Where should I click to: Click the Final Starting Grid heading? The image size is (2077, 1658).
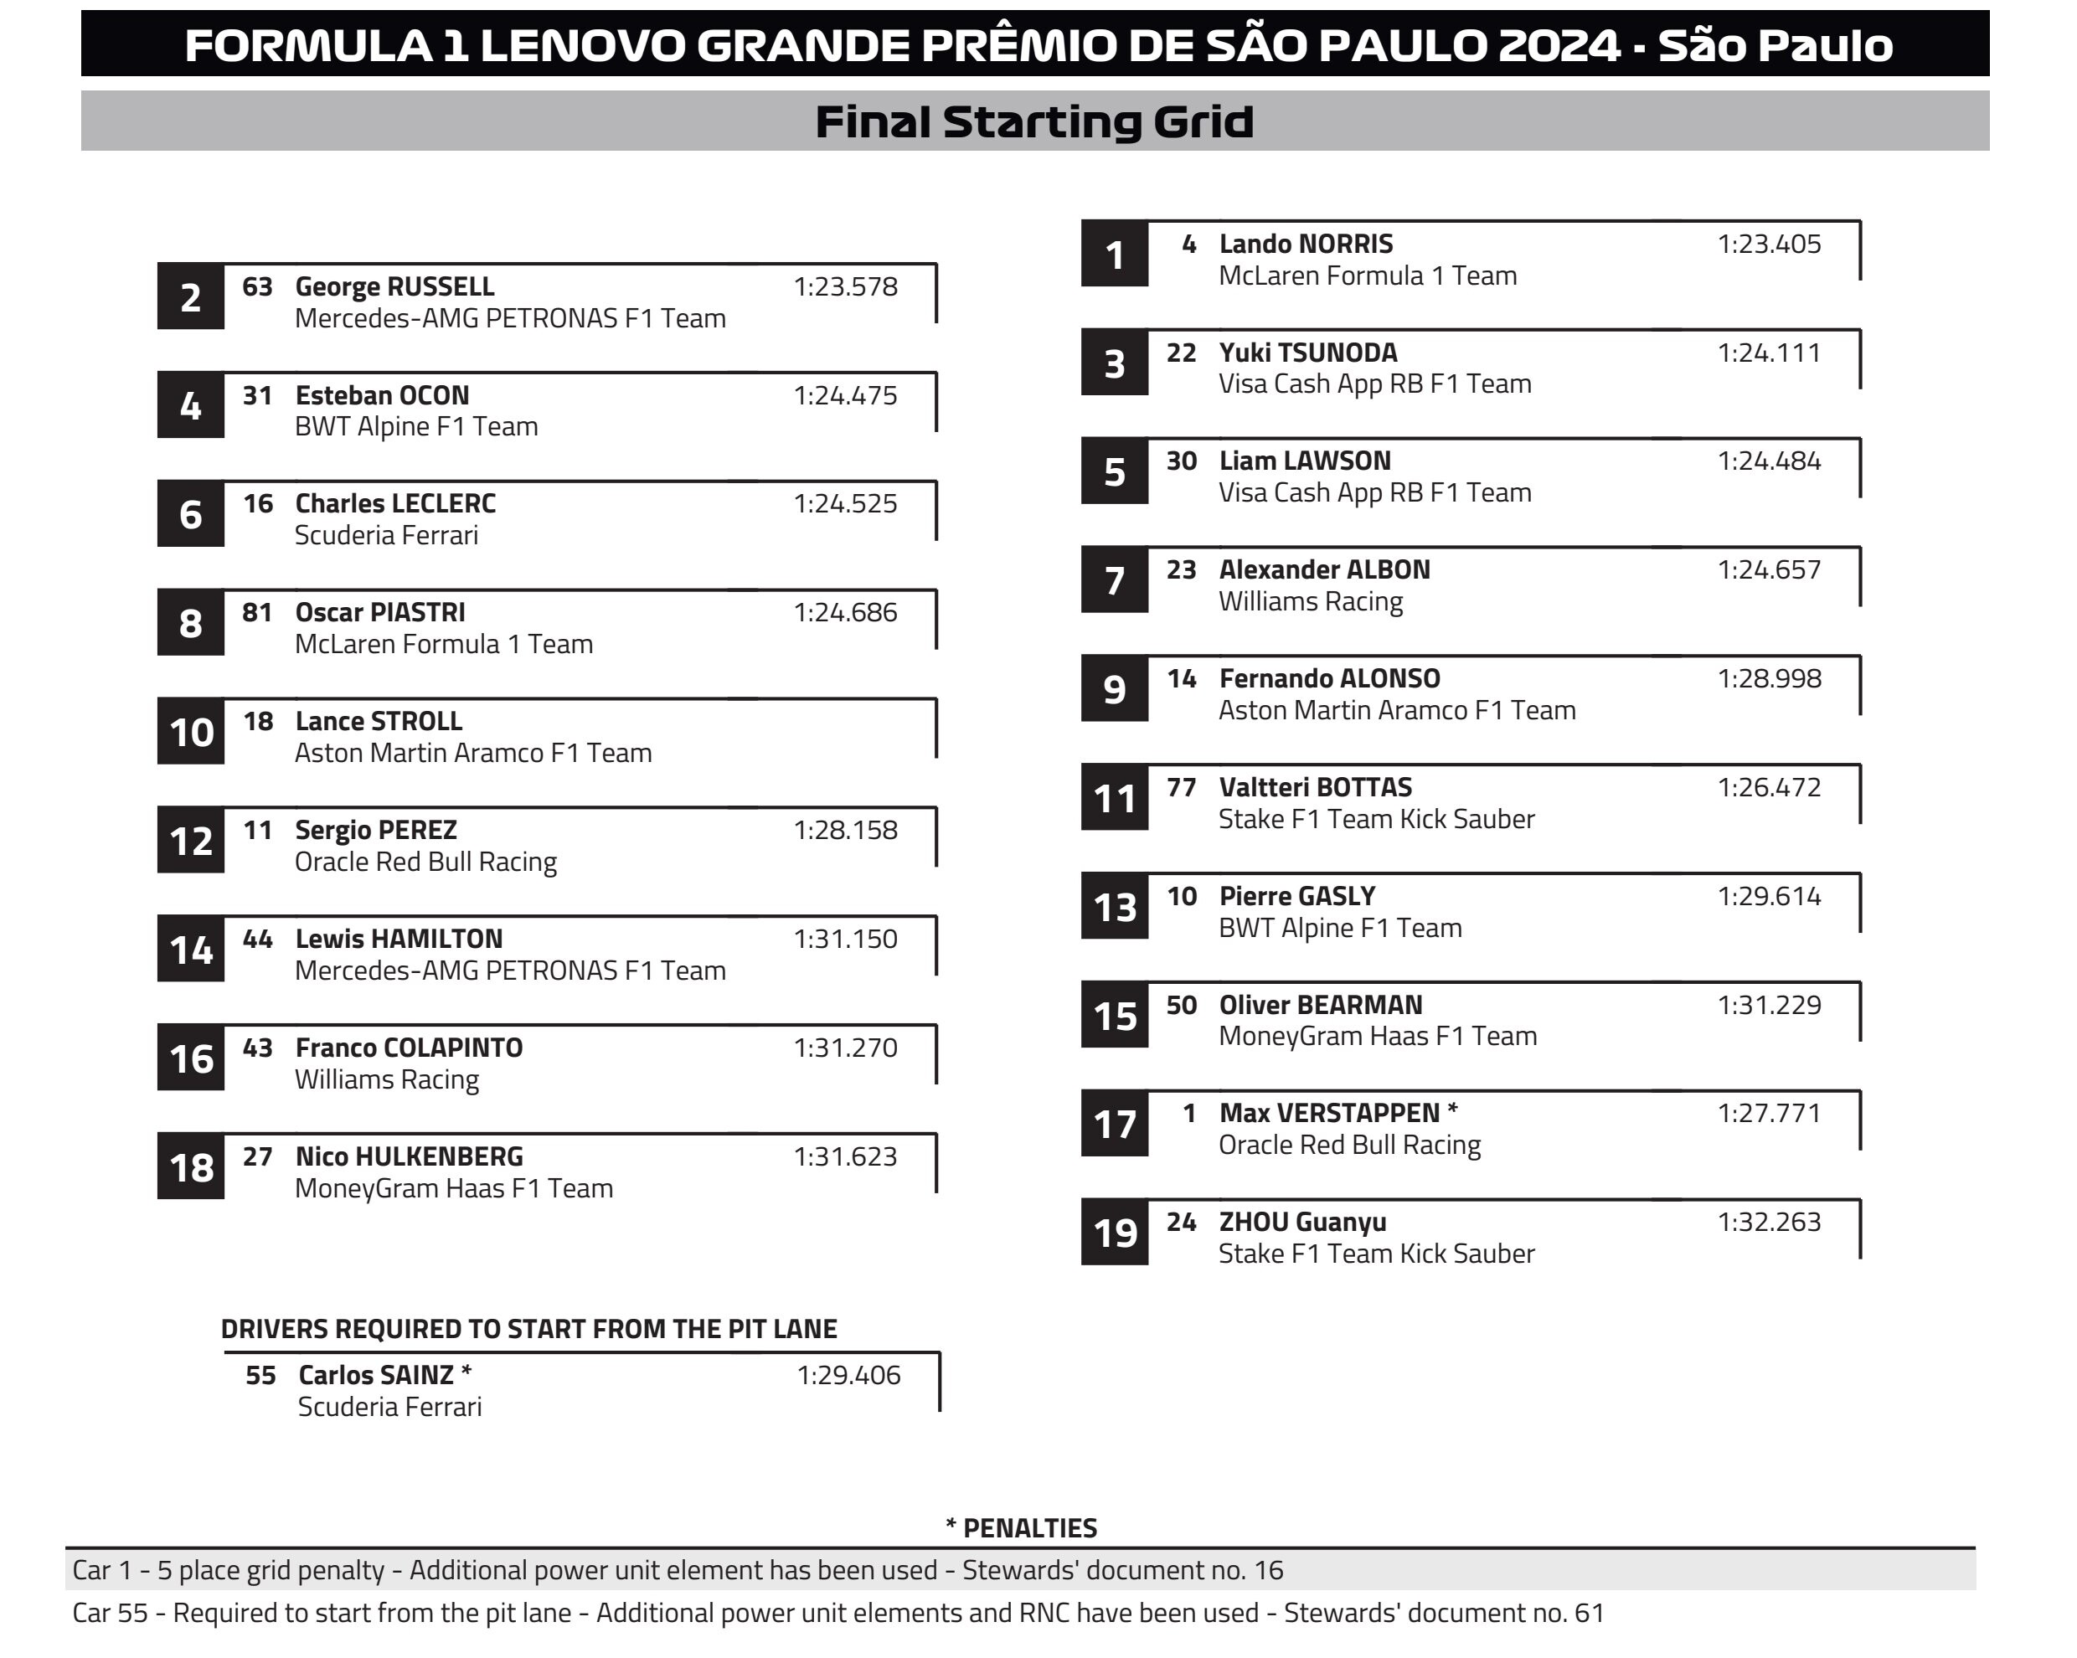1033,122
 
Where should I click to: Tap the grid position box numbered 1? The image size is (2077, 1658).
1114,255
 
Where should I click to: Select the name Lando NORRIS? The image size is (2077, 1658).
1306,245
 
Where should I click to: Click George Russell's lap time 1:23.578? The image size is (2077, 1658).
845,287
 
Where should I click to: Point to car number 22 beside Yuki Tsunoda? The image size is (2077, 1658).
1181,353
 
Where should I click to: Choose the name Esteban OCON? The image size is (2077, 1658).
382,396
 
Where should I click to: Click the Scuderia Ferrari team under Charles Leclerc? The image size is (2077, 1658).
385,536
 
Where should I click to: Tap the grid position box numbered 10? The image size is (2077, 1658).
191,732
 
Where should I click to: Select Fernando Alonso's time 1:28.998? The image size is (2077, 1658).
1769,679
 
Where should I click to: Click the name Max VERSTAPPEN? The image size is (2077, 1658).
1328,1114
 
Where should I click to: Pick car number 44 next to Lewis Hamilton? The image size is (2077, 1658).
257,940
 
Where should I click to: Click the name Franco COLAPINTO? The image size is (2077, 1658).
409,1048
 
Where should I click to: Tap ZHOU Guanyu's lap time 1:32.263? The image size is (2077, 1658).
1769,1223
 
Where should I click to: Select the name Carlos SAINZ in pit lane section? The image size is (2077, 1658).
376,1376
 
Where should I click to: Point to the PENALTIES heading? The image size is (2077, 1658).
1021,1528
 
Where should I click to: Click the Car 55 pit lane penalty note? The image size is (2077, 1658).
838,1613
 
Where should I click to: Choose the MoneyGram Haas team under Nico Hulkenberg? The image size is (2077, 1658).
453,1189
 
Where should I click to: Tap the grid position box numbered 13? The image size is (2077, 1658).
1114,908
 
